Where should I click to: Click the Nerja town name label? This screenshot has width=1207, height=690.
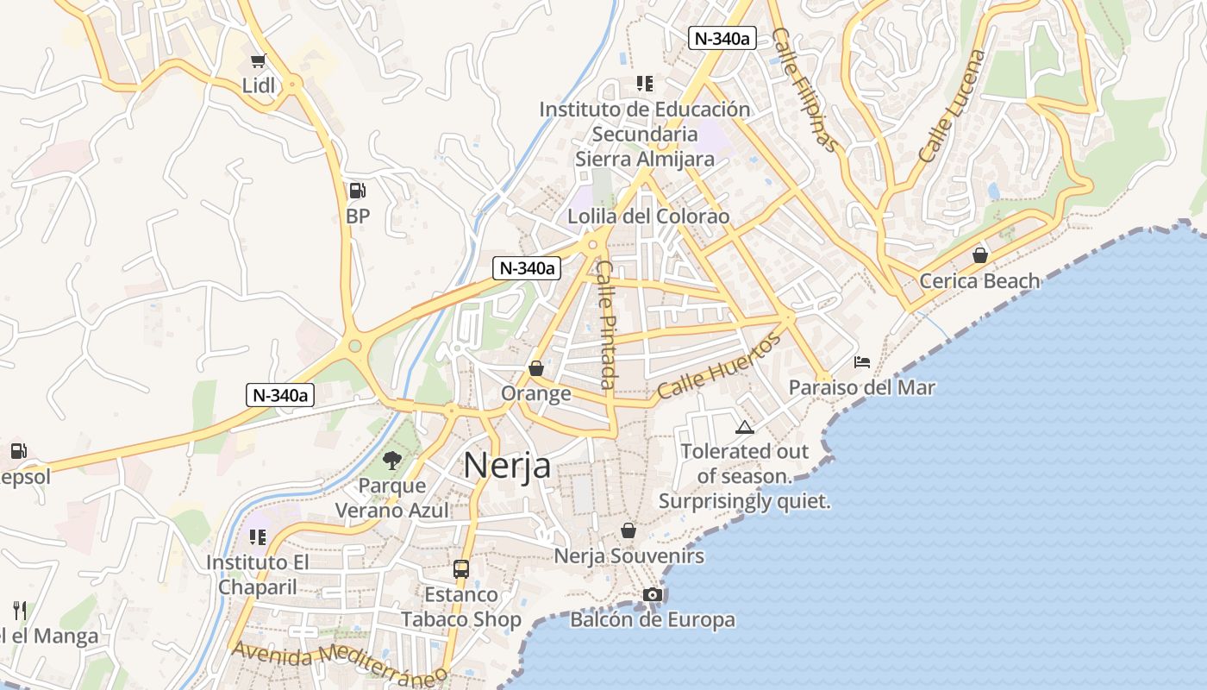507,466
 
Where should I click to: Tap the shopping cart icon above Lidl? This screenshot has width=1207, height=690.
258,60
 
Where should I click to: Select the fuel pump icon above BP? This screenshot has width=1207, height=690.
357,191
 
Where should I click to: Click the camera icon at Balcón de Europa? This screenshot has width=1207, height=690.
653,595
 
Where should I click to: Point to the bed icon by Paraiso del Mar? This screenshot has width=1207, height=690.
861,362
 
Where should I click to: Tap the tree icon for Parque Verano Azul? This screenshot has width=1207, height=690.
392,460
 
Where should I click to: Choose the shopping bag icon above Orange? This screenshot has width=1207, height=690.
536,368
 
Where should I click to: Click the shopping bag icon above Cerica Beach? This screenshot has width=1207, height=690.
979,255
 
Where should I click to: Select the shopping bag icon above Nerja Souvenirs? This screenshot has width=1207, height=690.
629,530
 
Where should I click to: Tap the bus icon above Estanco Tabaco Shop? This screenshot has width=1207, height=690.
461,569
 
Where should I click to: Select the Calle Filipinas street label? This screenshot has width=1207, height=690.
804,90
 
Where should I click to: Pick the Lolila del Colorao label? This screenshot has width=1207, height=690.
647,216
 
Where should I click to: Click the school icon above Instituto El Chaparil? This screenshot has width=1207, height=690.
257,537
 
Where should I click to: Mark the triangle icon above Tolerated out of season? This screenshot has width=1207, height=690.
744,427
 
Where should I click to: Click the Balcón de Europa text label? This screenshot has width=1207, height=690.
653,620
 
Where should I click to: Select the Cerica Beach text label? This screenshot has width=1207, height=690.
979,281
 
